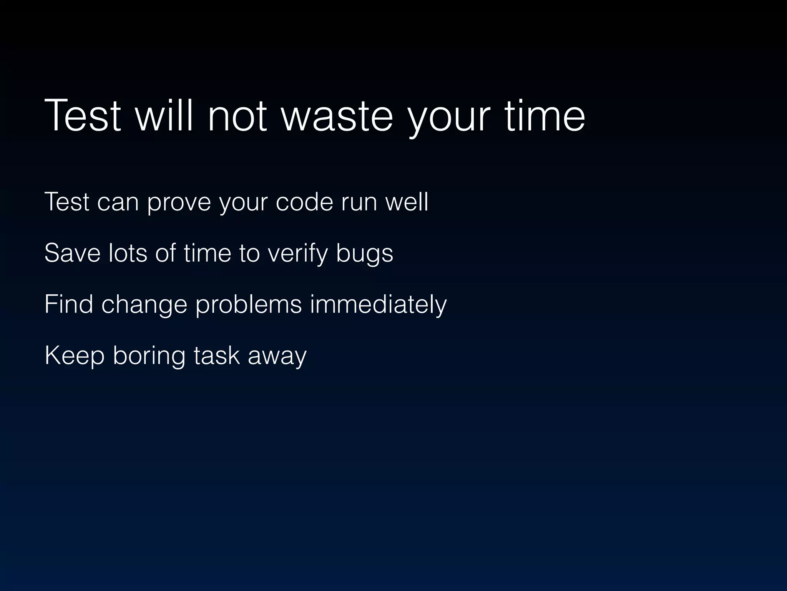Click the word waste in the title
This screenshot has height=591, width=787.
tap(337, 116)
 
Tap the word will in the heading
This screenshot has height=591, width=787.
tap(164, 116)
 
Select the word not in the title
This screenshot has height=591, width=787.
tap(237, 116)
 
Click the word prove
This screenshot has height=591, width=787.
tap(179, 202)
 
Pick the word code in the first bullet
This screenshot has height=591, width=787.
tap(304, 202)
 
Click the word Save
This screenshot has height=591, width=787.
tap(72, 253)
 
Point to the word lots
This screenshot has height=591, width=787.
tap(128, 253)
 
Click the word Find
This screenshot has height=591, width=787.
tap(69, 304)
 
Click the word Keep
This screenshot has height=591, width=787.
tap(75, 356)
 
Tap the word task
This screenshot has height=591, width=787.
tap(217, 356)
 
